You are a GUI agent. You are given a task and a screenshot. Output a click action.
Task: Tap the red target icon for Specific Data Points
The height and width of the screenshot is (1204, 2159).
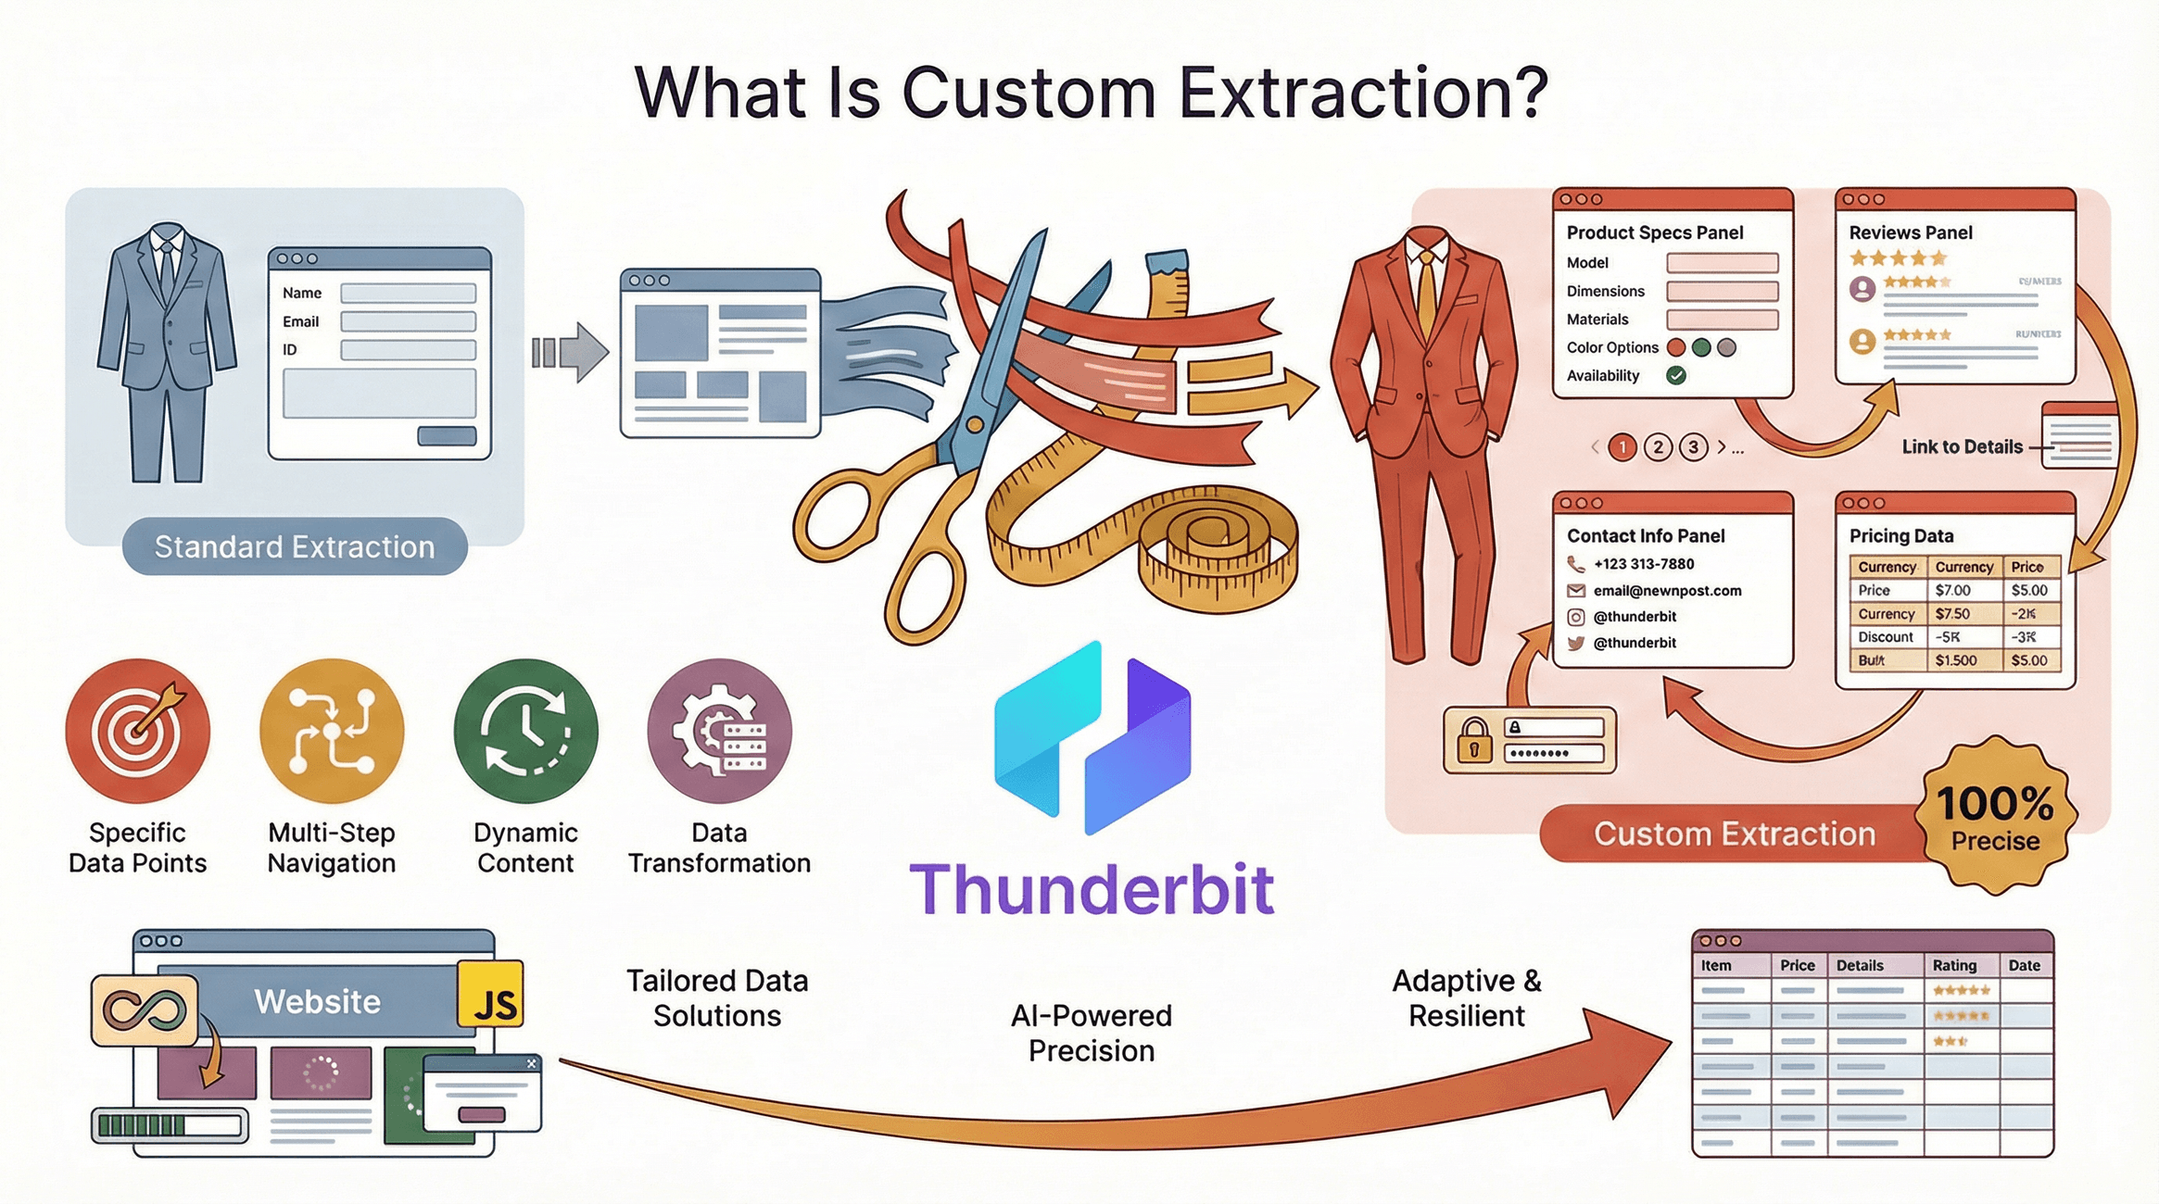click(138, 731)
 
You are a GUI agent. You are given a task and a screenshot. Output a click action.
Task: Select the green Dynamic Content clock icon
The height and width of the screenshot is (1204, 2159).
click(525, 731)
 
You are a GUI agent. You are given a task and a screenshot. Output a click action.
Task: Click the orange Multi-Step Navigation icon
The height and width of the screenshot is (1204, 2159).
click(332, 731)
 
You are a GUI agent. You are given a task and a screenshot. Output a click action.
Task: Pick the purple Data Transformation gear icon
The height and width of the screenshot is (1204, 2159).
click(719, 731)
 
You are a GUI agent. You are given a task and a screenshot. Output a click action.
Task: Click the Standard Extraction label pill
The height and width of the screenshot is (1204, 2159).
click(295, 546)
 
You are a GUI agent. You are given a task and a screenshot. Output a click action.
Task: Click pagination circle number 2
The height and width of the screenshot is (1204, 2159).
click(1658, 447)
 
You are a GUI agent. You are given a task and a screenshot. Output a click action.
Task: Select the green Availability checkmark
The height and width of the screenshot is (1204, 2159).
click(1675, 375)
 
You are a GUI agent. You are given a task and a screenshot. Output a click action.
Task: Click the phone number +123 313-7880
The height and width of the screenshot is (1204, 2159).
click(1643, 564)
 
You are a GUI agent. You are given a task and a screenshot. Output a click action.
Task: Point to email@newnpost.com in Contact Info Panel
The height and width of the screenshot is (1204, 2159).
click(1667, 591)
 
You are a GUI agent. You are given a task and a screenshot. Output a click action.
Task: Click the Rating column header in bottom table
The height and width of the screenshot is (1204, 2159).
click(1954, 965)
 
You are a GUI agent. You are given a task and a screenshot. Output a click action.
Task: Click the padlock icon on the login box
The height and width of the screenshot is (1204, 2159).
click(1473, 740)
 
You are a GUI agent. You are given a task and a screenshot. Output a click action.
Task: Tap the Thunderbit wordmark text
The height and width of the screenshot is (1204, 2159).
click(1092, 889)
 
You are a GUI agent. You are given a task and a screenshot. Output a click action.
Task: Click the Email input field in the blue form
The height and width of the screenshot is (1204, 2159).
click(408, 321)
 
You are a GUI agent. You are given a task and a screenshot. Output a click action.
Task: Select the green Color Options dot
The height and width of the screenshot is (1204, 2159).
click(1700, 347)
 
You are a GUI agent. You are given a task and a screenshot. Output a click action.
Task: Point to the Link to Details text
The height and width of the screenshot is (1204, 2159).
click(1962, 447)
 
